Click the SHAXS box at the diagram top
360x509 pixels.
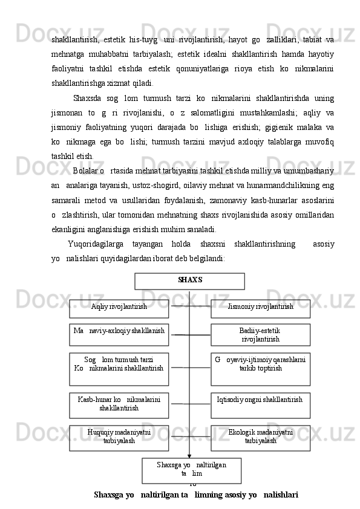click(189, 281)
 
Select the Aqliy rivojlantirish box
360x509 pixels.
click(119, 308)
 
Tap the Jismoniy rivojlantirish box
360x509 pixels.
click(260, 308)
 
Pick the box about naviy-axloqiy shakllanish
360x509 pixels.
click(119, 334)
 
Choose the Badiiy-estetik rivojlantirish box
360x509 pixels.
click(260, 335)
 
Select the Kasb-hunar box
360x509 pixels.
click(119, 404)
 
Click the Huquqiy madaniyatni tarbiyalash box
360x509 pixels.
click(119, 438)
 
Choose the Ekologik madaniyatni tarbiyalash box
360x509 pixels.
click(260, 438)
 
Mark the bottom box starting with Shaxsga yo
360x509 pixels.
click(191, 470)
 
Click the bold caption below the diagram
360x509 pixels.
click(196, 496)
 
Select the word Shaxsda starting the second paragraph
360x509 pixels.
click(87, 99)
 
